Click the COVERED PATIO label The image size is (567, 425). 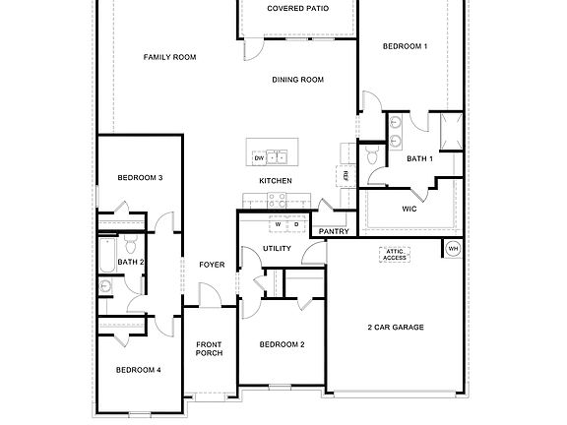[x=298, y=9]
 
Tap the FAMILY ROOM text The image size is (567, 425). [x=169, y=57]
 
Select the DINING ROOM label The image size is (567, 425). [x=298, y=80]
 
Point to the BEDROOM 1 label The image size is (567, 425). [x=405, y=46]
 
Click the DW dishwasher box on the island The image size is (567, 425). [x=259, y=157]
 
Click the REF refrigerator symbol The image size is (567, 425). [x=346, y=175]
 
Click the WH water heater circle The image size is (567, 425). [x=453, y=249]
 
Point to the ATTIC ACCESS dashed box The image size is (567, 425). [x=396, y=254]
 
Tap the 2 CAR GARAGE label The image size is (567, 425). [x=396, y=327]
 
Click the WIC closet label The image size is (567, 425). [x=409, y=209]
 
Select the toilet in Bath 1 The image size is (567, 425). [x=373, y=156]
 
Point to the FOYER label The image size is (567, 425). [x=212, y=264]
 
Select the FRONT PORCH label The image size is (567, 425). [x=209, y=348]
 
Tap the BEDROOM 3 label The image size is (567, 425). [x=140, y=177]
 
